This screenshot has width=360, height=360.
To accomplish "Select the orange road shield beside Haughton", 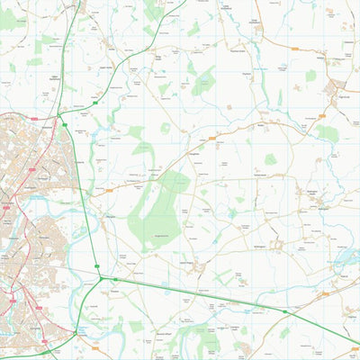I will (x=213, y=139).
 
